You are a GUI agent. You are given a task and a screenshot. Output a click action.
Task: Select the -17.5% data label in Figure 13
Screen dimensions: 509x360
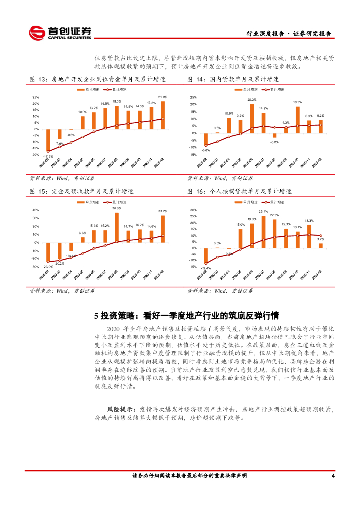48,155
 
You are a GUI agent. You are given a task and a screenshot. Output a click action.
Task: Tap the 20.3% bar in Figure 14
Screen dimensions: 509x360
252,118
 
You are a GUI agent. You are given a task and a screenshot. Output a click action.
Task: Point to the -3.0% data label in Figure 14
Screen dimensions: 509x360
274,142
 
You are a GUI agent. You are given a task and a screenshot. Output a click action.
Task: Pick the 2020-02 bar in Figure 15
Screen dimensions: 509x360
48,252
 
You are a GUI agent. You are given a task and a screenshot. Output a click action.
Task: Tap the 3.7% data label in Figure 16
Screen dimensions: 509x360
321,239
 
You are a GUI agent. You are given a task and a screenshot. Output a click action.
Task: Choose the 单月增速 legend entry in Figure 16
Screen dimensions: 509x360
251,202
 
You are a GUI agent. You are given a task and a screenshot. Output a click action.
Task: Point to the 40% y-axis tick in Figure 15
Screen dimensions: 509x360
35,210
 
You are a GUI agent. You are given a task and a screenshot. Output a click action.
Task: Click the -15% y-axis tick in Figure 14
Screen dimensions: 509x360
193,155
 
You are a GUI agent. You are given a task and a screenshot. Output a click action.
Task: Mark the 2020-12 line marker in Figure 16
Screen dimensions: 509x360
320,236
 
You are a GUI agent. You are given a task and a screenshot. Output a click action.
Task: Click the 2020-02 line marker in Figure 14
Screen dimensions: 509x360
206,145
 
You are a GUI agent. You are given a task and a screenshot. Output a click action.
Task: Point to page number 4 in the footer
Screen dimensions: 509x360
332,476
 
